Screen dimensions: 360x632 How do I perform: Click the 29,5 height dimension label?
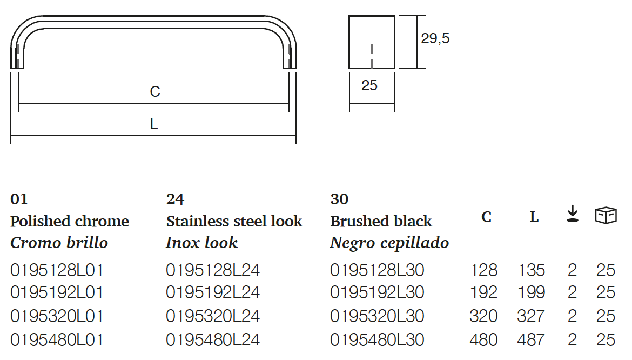coord(435,39)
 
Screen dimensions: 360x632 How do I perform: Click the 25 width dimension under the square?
coord(369,85)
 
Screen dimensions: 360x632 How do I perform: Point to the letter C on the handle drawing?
coord(155,92)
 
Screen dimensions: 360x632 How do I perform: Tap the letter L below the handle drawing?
coord(154,124)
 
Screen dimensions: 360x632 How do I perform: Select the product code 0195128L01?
coord(57,270)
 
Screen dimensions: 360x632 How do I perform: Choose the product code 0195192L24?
coord(213,292)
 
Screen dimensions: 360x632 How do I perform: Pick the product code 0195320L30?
coord(377,316)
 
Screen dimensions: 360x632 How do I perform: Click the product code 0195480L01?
coord(57,339)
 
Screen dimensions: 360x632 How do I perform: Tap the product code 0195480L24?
coord(213,339)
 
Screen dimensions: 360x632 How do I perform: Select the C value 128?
coord(483,270)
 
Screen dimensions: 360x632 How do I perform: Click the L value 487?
coord(531,339)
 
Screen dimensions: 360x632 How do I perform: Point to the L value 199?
coord(531,292)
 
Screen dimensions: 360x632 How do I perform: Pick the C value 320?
coord(483,316)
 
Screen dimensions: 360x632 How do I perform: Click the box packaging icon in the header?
coord(606,216)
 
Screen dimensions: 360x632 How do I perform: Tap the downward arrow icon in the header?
coord(573,215)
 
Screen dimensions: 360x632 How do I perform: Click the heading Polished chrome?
coord(70,221)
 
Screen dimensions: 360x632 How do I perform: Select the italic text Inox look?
coord(201,243)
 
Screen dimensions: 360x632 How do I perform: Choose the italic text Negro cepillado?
coord(389,243)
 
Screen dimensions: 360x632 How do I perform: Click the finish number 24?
coord(175,199)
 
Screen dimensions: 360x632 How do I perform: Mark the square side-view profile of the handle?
coord(372,42)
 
